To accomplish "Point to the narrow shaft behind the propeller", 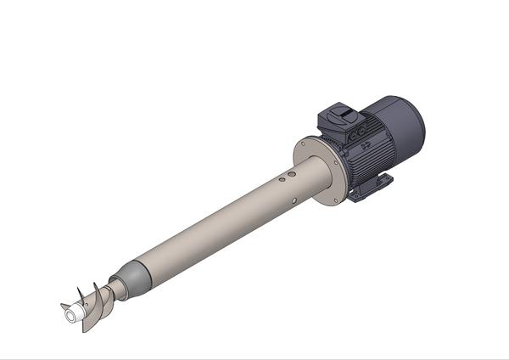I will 116,290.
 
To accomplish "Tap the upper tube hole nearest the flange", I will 292,173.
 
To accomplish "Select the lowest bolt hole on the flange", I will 344,197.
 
